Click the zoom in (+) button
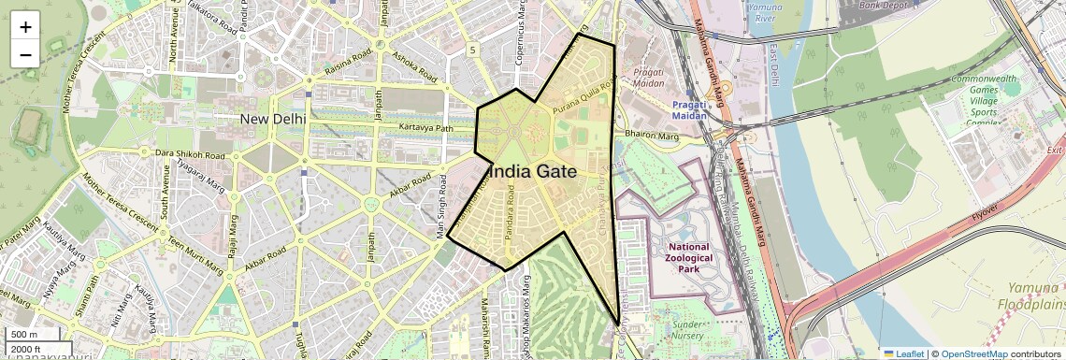coord(25,26)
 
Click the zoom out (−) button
coord(25,54)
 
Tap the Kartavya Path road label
coord(425,127)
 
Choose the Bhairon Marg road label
coord(651,136)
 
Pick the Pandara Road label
coord(510,214)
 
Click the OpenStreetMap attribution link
coord(973,353)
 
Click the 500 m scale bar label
coord(24,334)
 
